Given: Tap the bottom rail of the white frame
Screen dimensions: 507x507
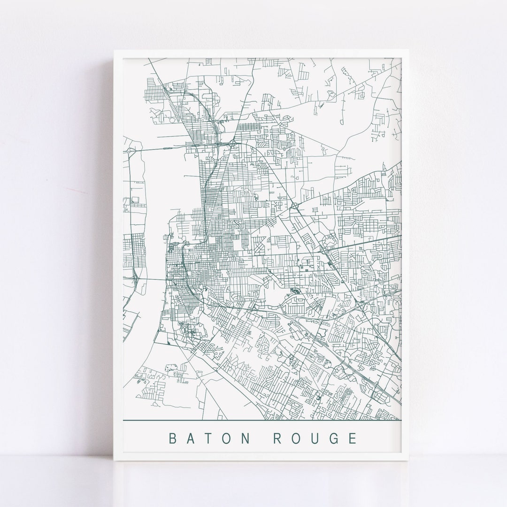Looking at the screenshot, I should [x=263, y=458].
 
